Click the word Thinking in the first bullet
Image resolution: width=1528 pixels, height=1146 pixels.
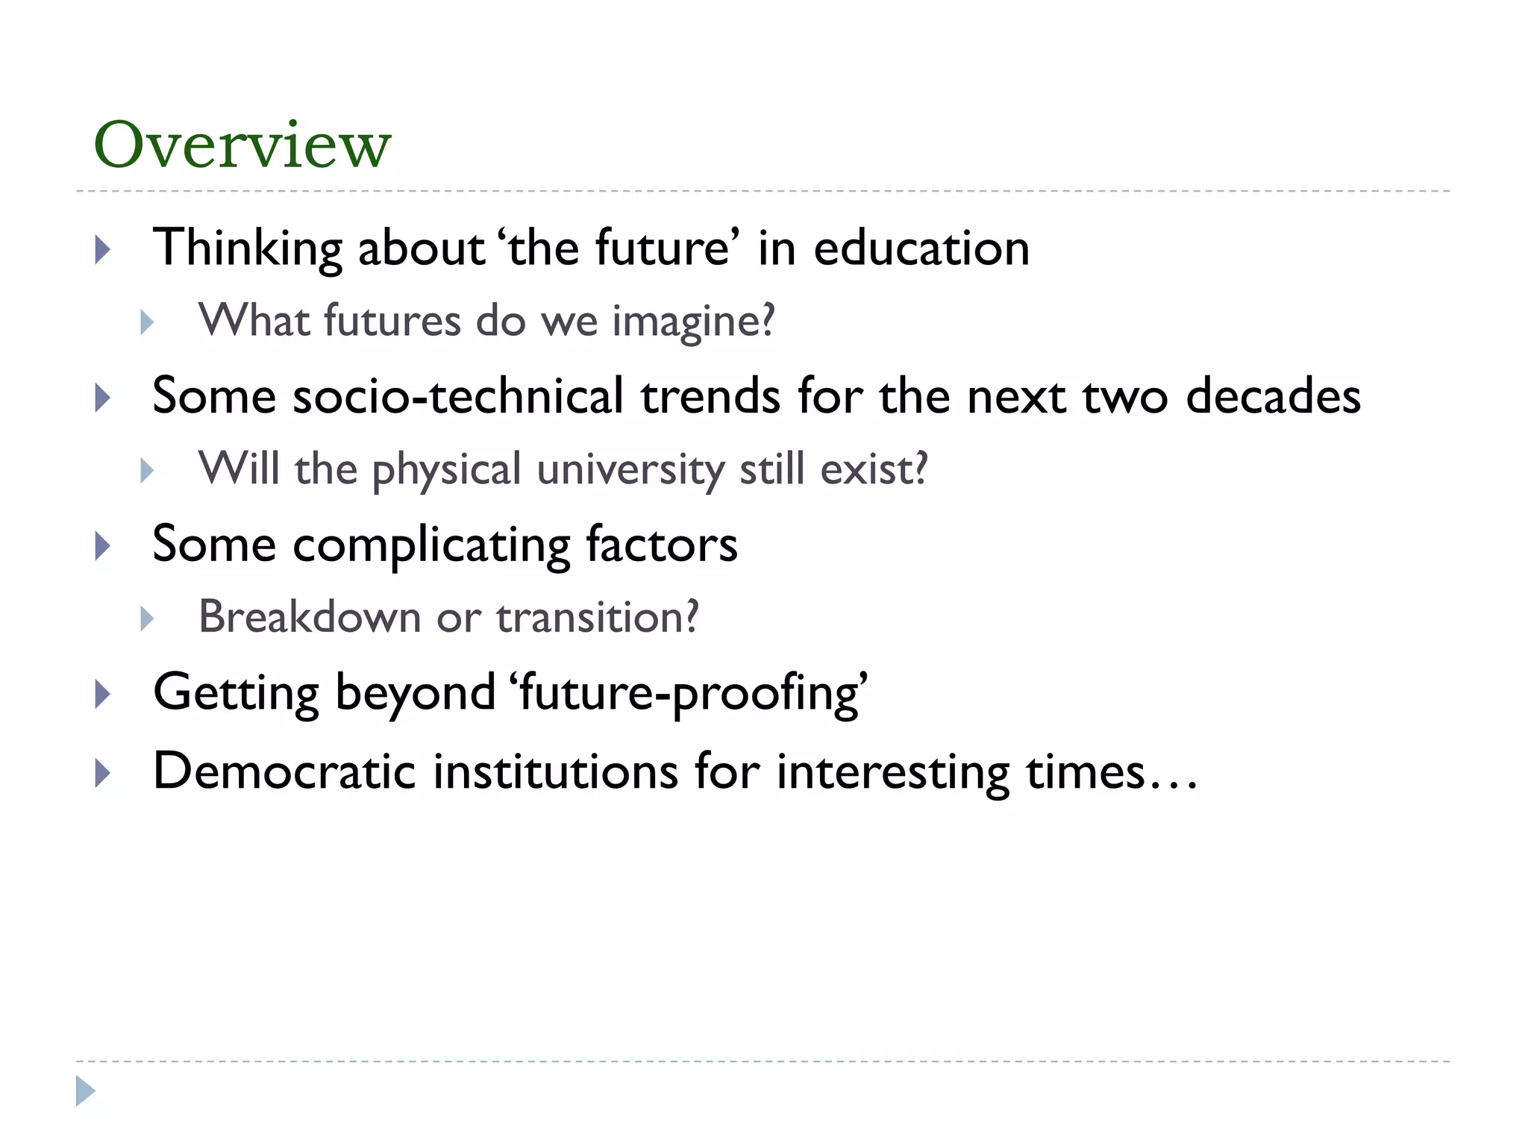point(247,248)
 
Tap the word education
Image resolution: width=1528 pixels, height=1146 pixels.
point(921,248)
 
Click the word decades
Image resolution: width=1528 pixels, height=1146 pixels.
point(1273,396)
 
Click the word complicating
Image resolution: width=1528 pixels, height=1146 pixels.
point(431,545)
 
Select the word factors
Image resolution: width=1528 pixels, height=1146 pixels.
point(662,545)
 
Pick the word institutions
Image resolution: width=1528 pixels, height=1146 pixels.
point(556,771)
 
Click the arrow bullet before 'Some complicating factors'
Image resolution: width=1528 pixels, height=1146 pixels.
point(103,546)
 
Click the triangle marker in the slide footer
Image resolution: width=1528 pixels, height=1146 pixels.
point(85,1091)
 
